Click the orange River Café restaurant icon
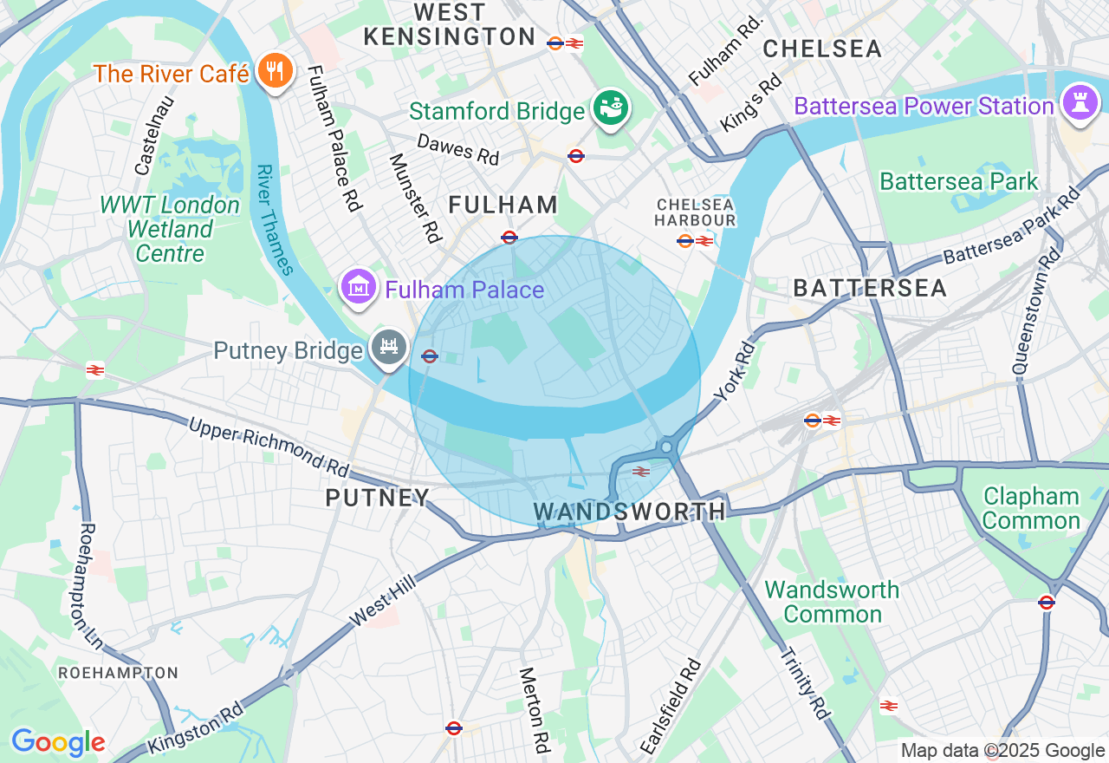(x=276, y=73)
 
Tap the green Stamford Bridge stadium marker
(x=612, y=108)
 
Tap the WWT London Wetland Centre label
(x=170, y=230)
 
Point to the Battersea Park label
(x=958, y=182)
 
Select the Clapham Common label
(x=1031, y=509)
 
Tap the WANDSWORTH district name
(x=629, y=512)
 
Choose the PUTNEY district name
(x=378, y=498)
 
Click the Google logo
(x=58, y=743)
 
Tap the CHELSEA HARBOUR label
(x=695, y=212)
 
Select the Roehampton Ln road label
(x=90, y=585)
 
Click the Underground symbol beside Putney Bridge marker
(x=429, y=355)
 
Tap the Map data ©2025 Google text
(x=1002, y=751)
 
